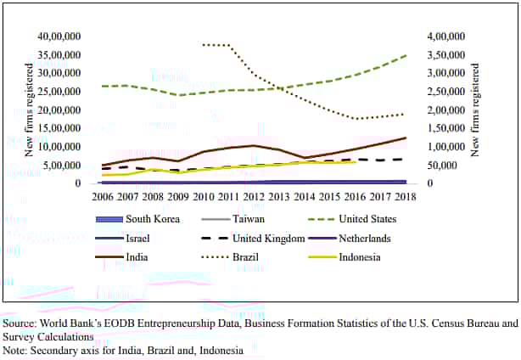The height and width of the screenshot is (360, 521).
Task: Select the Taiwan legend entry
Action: coord(247,219)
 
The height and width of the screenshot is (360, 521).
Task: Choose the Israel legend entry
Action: coord(137,239)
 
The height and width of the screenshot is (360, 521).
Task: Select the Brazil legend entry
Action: coord(246,257)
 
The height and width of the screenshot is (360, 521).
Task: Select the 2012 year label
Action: coord(252,196)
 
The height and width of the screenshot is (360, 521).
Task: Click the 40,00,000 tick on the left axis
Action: coord(59,37)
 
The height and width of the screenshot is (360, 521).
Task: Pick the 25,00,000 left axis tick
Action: coord(59,92)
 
